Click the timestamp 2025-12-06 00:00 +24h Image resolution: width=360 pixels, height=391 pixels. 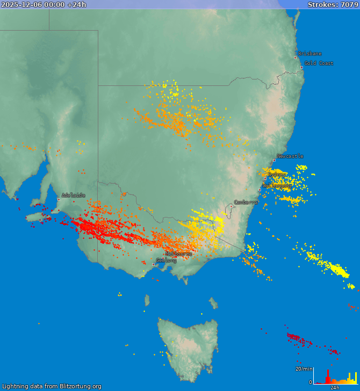(44, 4)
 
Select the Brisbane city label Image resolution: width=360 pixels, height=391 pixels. (310, 54)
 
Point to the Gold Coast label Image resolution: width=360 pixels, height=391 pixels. (319, 63)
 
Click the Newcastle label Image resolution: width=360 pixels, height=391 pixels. (290, 156)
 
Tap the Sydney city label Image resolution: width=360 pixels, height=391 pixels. (277, 175)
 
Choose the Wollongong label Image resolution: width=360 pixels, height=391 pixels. (277, 186)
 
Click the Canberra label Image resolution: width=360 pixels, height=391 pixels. (246, 202)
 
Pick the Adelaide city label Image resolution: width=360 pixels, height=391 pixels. (73, 195)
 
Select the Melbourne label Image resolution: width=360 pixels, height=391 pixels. (178, 254)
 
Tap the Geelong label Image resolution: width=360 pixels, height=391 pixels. (166, 260)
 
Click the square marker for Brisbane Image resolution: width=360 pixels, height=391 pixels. (295, 57)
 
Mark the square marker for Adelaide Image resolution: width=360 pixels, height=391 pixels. (59, 199)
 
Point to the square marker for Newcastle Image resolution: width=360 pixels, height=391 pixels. (274, 160)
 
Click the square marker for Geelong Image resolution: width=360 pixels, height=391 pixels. (153, 264)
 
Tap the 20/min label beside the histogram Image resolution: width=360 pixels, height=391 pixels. (304, 369)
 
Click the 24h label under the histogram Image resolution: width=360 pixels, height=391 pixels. (335, 387)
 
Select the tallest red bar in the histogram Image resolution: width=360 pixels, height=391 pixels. (328, 376)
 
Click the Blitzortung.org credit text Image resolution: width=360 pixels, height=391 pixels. (51, 386)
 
